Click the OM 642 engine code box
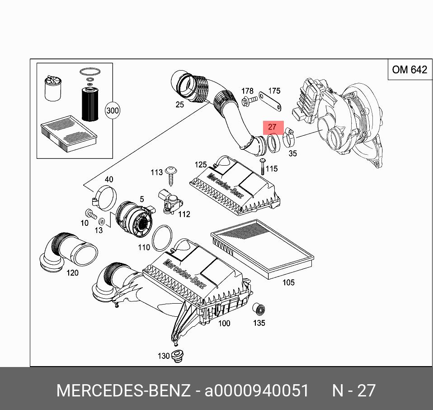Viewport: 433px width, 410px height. point(409,70)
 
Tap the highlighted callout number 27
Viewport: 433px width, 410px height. point(272,127)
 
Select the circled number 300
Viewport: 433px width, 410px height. point(112,110)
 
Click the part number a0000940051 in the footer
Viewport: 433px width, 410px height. point(257,391)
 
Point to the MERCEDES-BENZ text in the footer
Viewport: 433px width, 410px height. point(123,391)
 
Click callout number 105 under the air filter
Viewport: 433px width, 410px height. point(288,282)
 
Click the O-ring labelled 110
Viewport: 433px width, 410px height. point(163,238)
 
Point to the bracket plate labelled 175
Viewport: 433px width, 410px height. point(270,102)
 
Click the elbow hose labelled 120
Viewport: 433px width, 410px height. point(67,251)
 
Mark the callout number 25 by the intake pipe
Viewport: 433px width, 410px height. point(180,105)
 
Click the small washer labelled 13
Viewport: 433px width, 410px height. point(102,221)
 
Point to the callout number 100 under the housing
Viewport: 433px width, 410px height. point(224,323)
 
